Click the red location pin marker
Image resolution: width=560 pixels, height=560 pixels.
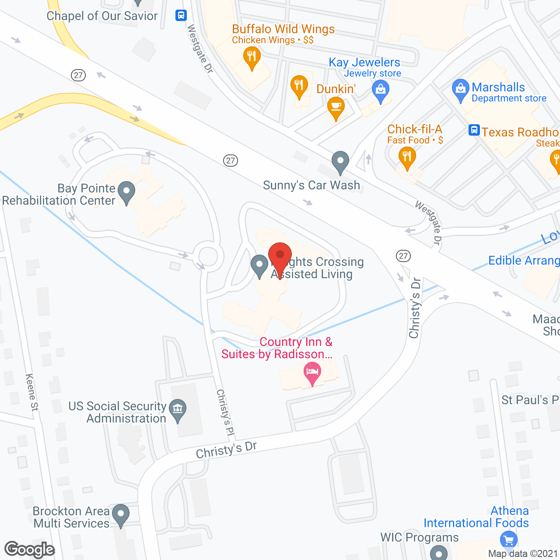point(280,256)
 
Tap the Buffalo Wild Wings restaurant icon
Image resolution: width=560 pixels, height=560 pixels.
point(251,57)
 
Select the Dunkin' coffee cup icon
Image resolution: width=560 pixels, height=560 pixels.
point(336,107)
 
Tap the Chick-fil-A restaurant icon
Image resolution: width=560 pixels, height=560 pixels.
point(407,157)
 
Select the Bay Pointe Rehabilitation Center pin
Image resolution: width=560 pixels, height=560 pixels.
point(126,192)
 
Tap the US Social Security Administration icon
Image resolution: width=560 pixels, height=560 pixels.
point(178,409)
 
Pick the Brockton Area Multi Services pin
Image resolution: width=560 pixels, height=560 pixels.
point(120,514)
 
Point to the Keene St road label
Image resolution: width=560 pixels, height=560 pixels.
point(32,392)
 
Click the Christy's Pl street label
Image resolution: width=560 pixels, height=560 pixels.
point(226,412)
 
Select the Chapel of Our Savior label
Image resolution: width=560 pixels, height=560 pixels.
point(102,16)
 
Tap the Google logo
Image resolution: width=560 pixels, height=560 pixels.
point(30,549)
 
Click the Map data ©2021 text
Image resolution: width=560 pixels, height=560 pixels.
point(523,554)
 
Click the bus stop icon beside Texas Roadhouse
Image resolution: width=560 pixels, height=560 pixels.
point(474,130)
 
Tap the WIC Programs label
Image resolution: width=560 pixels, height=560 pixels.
point(420,537)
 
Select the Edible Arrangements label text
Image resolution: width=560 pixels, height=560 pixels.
point(524,261)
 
